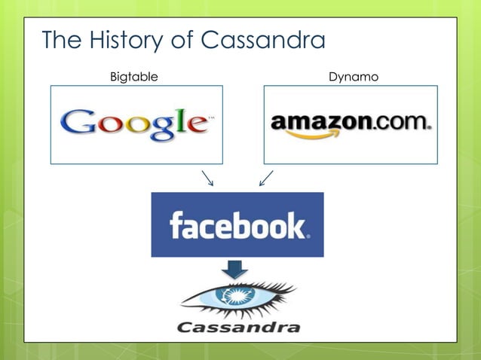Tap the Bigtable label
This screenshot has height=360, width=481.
pos(134,76)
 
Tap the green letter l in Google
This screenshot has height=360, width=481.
pos(179,121)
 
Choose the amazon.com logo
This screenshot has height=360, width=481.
pos(351,124)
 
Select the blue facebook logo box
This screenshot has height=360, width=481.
pos(237,224)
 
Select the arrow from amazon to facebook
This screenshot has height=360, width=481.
pos(265,178)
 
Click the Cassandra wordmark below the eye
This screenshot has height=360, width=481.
pos(238,328)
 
